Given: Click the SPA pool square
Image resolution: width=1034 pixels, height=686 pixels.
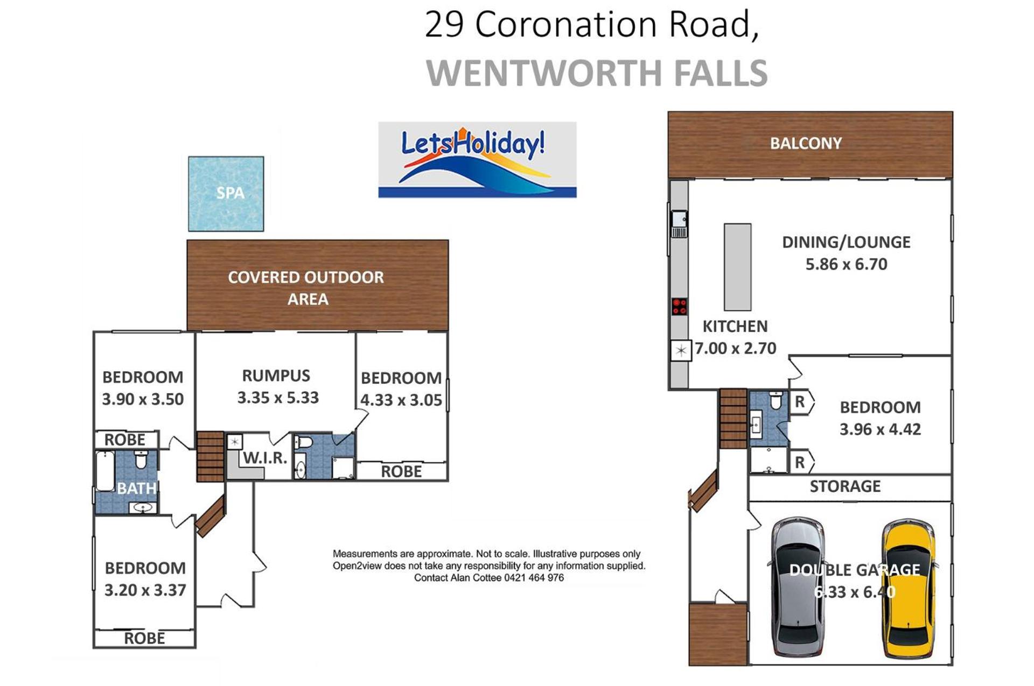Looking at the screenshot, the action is pyautogui.click(x=226, y=194).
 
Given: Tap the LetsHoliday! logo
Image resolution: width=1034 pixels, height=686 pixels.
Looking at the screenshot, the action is pyautogui.click(x=477, y=160).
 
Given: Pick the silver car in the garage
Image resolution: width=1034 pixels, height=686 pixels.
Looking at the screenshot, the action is pyautogui.click(x=798, y=588).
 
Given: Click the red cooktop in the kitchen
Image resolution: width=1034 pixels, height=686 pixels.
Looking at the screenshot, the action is pyautogui.click(x=679, y=307).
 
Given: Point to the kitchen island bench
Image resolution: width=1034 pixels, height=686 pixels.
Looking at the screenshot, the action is pyautogui.click(x=737, y=267).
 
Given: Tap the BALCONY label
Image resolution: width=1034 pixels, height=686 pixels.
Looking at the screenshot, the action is pyautogui.click(x=806, y=143).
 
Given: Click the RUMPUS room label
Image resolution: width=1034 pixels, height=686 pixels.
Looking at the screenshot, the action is pyautogui.click(x=276, y=376).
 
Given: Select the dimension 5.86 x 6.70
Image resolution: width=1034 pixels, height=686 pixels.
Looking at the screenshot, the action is pyautogui.click(x=846, y=264).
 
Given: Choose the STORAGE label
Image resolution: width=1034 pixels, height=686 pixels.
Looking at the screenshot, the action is pyautogui.click(x=845, y=486).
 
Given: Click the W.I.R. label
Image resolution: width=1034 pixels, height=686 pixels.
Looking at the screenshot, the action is pyautogui.click(x=264, y=458).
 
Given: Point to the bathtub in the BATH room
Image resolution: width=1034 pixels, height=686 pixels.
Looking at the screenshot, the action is pyautogui.click(x=104, y=471).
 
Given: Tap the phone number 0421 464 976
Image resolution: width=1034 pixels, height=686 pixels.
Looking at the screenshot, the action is pyautogui.click(x=534, y=578).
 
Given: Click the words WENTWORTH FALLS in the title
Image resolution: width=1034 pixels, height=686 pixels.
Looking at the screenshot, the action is pyautogui.click(x=597, y=73).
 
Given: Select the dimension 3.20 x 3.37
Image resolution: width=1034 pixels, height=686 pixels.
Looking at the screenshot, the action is pyautogui.click(x=145, y=590).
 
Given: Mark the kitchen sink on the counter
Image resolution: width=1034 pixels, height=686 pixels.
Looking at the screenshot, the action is pyautogui.click(x=679, y=224).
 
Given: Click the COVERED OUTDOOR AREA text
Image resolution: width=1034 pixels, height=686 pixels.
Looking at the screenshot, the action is pyautogui.click(x=306, y=288).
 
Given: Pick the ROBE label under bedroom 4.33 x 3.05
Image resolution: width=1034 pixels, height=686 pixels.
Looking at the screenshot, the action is pyautogui.click(x=401, y=471).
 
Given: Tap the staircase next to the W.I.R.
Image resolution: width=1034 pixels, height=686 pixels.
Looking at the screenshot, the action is pyautogui.click(x=210, y=456).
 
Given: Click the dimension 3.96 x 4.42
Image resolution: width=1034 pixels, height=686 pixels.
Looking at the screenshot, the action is pyautogui.click(x=880, y=429).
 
